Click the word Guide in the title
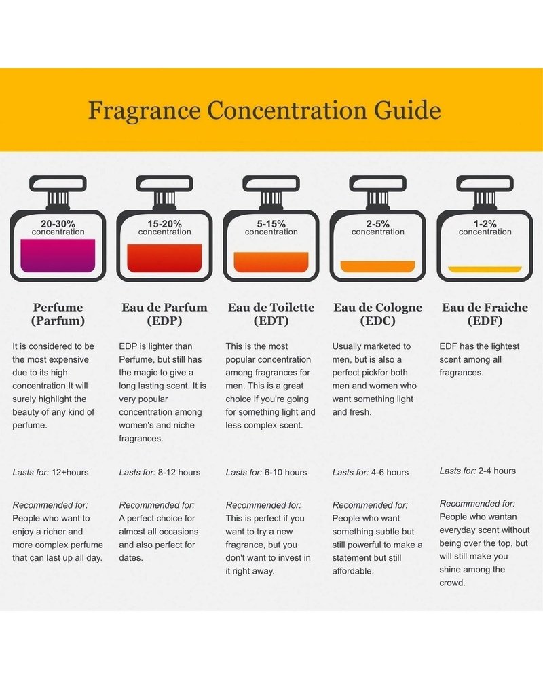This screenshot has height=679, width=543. click(407, 110)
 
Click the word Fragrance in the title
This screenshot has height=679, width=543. click(144, 111)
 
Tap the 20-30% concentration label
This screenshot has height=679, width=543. click(58, 227)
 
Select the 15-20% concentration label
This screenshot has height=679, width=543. click(164, 227)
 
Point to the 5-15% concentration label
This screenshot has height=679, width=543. click(271, 227)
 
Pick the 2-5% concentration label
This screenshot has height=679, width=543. click(378, 227)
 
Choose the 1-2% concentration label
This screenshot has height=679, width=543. click(485, 227)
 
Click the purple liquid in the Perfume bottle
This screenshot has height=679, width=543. click(58, 255)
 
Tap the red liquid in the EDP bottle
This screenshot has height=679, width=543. click(164, 258)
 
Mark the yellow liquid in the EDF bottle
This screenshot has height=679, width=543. click(485, 270)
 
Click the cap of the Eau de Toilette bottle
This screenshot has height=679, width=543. click(271, 183)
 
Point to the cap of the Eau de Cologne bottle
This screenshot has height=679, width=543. click(378, 183)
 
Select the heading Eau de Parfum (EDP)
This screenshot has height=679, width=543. click(164, 314)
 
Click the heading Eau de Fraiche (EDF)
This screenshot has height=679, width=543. click(485, 314)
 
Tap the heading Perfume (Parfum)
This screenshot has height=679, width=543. click(58, 314)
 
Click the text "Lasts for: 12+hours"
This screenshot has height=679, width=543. click(50, 472)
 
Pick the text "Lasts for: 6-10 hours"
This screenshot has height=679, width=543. click(266, 472)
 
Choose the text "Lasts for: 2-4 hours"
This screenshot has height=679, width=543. click(478, 471)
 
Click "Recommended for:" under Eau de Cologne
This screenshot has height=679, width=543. click(370, 505)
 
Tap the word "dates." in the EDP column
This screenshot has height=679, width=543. click(131, 557)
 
